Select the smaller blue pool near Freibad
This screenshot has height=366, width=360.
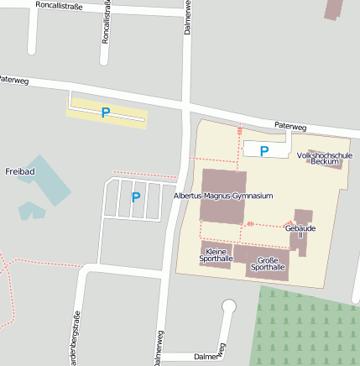click(31, 210)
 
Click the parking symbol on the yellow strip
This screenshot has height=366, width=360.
click(106, 112)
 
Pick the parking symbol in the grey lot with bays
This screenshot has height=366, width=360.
click(135, 197)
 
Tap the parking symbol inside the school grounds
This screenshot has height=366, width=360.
click(264, 151)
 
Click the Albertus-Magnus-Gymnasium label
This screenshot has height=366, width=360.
click(223, 196)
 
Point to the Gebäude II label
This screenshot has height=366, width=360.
click(300, 231)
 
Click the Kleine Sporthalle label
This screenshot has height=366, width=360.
click(216, 255)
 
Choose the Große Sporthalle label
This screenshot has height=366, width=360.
click(268, 263)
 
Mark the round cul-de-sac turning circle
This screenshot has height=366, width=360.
click(227, 306)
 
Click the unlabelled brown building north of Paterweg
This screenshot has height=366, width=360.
click(333, 9)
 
